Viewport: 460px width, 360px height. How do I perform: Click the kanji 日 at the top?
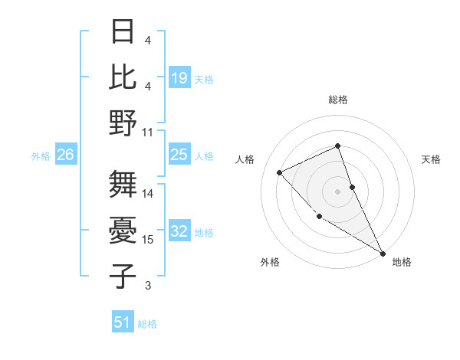tap(123, 32)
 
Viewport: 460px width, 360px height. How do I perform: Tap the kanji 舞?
tap(123, 185)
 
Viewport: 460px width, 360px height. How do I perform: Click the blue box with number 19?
tap(179, 78)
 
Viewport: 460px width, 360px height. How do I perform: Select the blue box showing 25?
tap(179, 155)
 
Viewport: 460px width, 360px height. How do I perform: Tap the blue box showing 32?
tap(179, 231)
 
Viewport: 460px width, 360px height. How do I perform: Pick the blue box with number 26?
tap(66, 155)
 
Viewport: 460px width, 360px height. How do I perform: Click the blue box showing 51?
tap(123, 322)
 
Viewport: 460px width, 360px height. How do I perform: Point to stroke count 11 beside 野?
tap(148, 132)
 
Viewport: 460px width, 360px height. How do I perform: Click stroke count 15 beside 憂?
tap(148, 240)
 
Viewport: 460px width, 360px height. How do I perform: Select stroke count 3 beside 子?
tap(148, 286)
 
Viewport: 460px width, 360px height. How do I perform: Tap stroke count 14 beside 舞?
tap(148, 194)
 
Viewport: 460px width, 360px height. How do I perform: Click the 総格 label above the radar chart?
tap(338, 100)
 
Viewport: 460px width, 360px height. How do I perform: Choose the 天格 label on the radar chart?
tap(432, 159)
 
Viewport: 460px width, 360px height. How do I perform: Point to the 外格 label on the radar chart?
tap(270, 262)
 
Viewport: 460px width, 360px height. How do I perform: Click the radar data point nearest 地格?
tap(383, 253)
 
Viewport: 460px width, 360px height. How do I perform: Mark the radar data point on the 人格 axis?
tap(280, 172)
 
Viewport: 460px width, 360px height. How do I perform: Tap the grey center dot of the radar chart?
tap(338, 191)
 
